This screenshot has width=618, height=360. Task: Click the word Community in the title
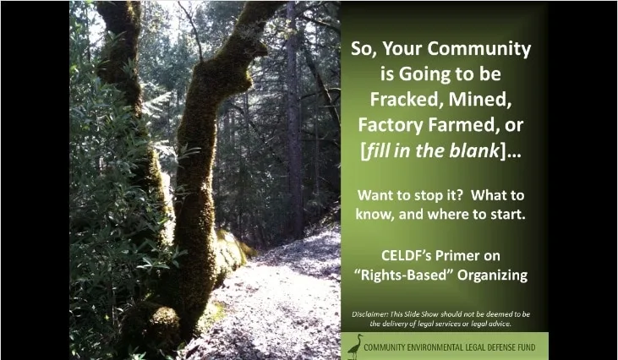coord(479,49)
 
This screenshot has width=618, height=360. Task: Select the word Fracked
coord(403,100)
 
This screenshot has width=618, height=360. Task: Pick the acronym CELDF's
coord(402,255)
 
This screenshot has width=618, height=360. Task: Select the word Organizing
coord(492,275)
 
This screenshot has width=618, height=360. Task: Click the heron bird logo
coord(356,346)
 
